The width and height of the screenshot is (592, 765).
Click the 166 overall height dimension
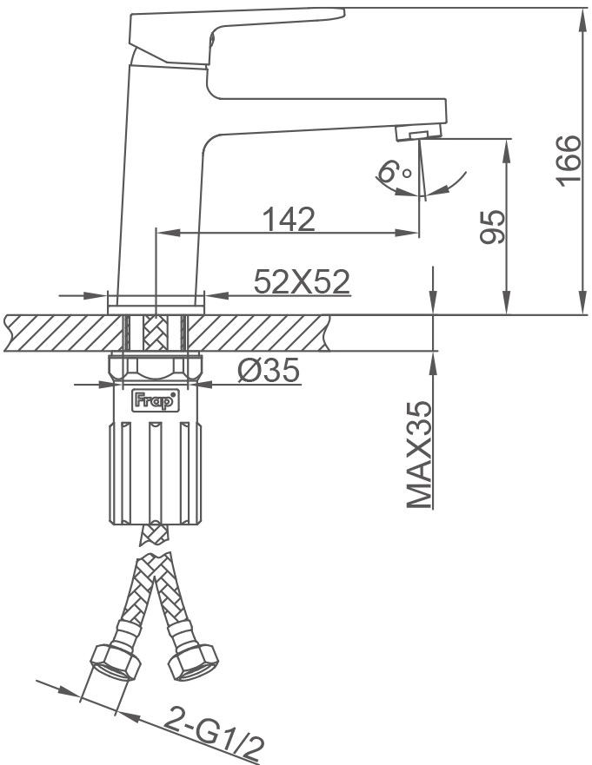[569, 161]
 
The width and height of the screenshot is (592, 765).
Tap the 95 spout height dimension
[492, 227]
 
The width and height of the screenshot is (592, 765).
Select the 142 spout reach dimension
[289, 219]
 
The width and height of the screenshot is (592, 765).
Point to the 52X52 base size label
[302, 281]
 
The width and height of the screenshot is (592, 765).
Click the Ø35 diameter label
[268, 370]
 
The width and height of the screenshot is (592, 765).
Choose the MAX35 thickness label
[419, 455]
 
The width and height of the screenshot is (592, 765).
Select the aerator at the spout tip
[418, 132]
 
